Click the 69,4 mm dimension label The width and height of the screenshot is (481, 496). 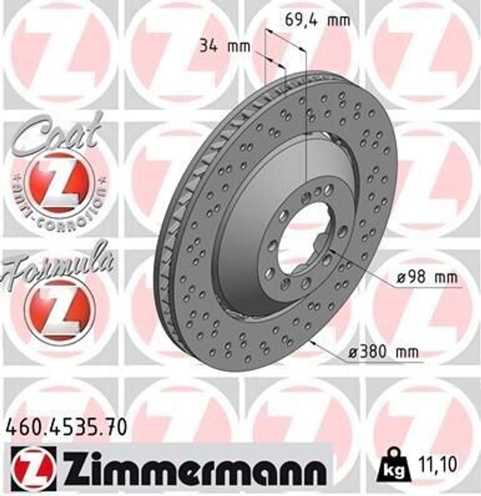click(x=317, y=20)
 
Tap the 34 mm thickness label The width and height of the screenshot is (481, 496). click(x=224, y=46)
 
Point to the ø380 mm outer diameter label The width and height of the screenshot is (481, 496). click(x=383, y=352)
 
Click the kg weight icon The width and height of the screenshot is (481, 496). click(x=393, y=465)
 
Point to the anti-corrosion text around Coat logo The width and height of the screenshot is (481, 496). click(x=58, y=213)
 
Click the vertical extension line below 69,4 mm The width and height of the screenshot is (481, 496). click(x=306, y=121)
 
